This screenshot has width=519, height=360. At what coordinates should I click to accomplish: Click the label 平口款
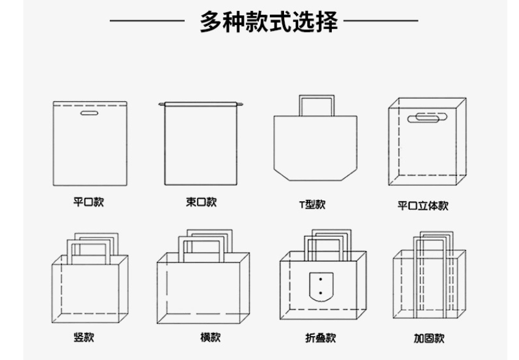(88, 202)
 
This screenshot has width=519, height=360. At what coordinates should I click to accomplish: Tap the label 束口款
(201, 202)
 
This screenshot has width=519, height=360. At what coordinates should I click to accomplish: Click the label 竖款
(84, 337)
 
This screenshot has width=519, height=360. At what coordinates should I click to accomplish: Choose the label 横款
(210, 337)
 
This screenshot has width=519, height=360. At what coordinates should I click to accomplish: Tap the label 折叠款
(321, 338)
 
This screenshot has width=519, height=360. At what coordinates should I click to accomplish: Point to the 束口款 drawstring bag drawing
(201, 144)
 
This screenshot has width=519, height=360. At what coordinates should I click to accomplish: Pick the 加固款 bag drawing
(429, 282)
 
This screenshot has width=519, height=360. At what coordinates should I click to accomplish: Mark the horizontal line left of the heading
(147, 21)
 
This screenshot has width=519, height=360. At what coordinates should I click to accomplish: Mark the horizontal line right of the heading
(381, 21)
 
